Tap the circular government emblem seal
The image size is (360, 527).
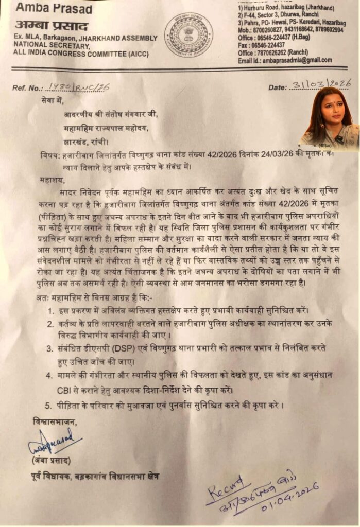[x=188, y=35]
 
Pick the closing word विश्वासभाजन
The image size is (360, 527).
[x=53, y=422]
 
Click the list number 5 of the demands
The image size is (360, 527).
[x=50, y=406]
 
